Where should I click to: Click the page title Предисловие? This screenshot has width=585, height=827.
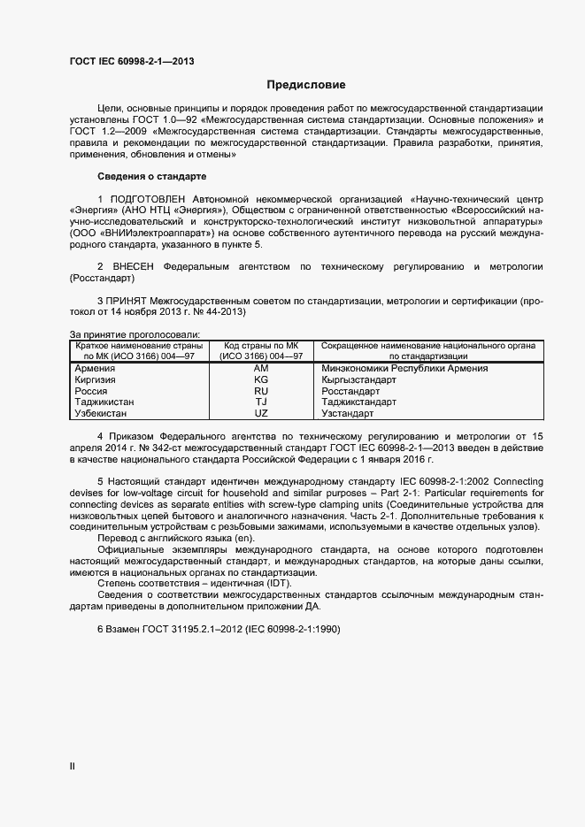point(306,86)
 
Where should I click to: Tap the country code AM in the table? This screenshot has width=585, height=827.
point(261,368)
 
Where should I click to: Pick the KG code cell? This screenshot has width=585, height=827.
point(261,379)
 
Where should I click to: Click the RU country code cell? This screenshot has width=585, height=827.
point(261,391)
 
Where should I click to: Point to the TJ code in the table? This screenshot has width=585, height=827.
point(261,402)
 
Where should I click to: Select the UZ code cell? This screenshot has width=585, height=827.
point(261,413)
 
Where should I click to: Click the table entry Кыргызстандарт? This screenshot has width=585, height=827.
point(359,379)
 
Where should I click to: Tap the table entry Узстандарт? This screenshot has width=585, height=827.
point(350,413)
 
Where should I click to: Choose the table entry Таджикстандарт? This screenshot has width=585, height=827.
point(359,402)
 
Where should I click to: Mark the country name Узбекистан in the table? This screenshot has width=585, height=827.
point(101,413)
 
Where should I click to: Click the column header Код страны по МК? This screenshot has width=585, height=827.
point(261,345)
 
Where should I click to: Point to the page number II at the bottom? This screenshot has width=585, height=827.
point(73,768)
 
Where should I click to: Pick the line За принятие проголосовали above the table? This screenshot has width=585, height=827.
point(134,333)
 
